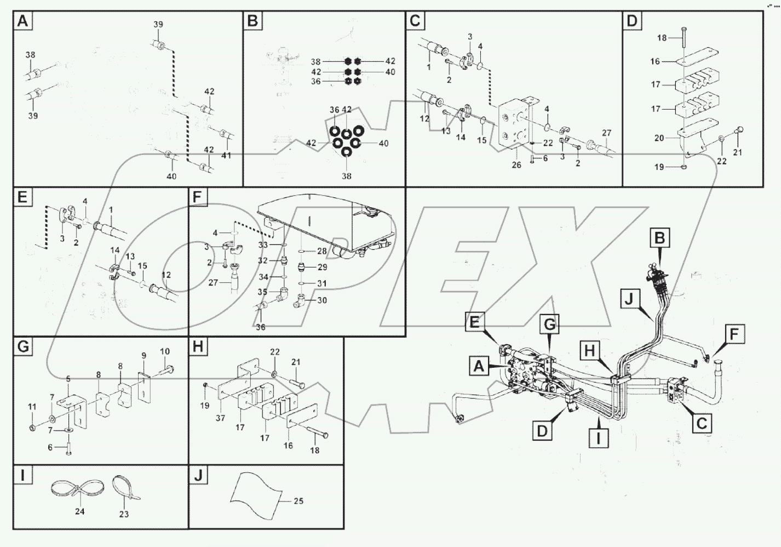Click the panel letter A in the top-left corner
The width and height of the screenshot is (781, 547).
[22, 21]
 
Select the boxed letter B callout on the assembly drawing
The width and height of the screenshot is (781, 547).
[660, 238]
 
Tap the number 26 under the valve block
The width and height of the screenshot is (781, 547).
[516, 165]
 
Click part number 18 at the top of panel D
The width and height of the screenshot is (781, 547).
[662, 38]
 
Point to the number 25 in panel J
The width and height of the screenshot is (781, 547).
[298, 501]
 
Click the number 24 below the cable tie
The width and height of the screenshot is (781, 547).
[80, 511]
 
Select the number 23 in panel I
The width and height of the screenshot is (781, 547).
[124, 514]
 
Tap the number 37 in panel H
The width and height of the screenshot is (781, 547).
[220, 418]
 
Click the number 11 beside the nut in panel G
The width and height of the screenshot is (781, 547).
[32, 407]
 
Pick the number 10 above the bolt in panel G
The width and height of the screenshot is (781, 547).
[165, 351]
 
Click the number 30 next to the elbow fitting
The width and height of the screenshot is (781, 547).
[322, 300]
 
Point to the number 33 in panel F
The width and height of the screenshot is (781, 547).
[263, 245]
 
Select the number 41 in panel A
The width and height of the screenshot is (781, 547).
[226, 156]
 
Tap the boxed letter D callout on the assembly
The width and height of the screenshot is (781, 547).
[542, 431]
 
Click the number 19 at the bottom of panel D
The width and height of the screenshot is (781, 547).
[659, 167]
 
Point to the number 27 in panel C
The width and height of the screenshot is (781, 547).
[606, 133]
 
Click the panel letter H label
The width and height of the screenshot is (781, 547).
[198, 346]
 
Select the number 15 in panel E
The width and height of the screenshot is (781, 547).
[142, 266]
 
